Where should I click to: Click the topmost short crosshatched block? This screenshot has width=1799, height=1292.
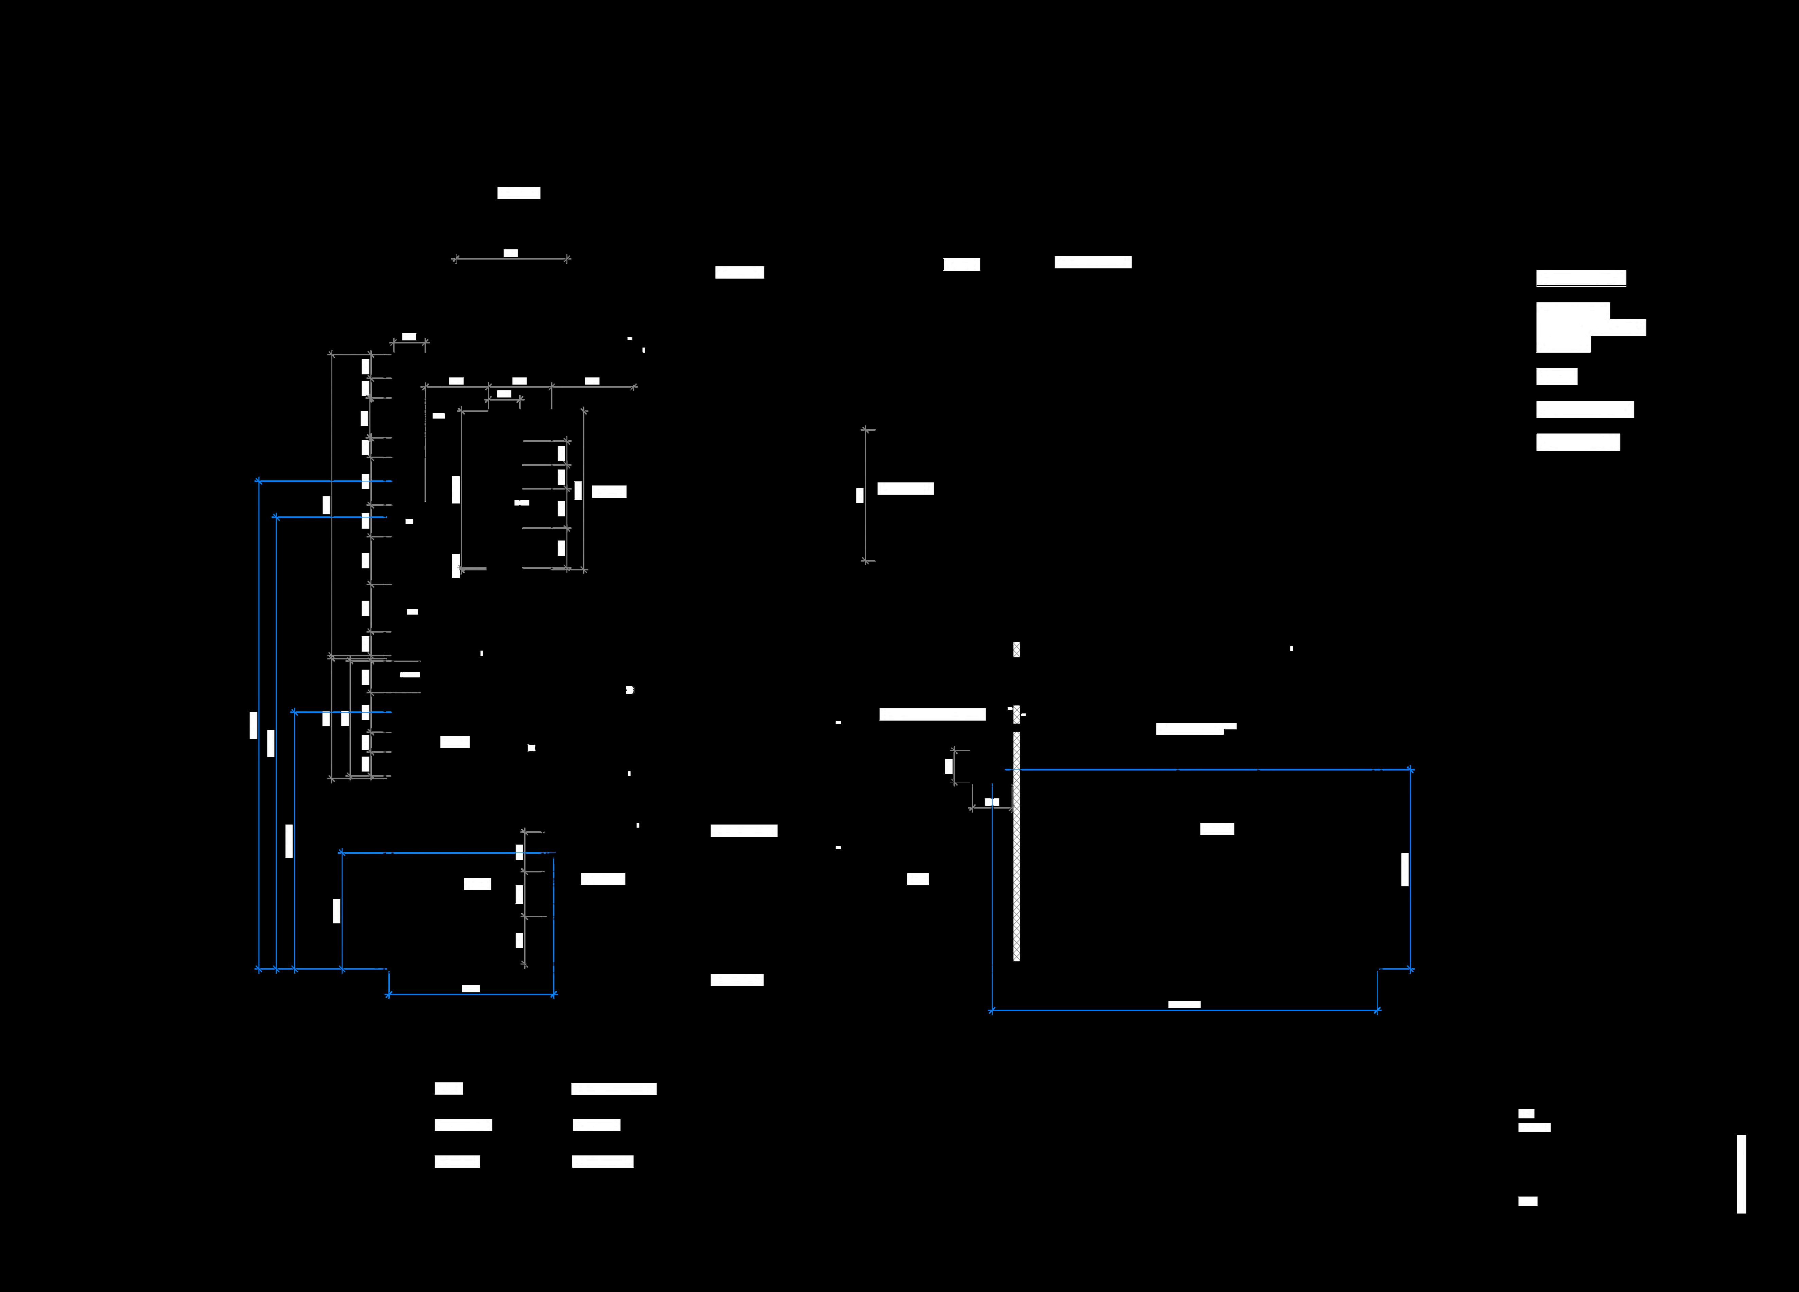click(x=1016, y=650)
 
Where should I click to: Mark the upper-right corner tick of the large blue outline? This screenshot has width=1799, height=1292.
click(x=1410, y=769)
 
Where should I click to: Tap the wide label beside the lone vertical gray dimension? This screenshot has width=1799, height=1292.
click(x=905, y=489)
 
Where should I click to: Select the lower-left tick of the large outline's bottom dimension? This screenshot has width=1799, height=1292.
click(x=992, y=1010)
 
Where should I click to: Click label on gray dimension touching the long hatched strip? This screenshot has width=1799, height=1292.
click(x=992, y=802)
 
